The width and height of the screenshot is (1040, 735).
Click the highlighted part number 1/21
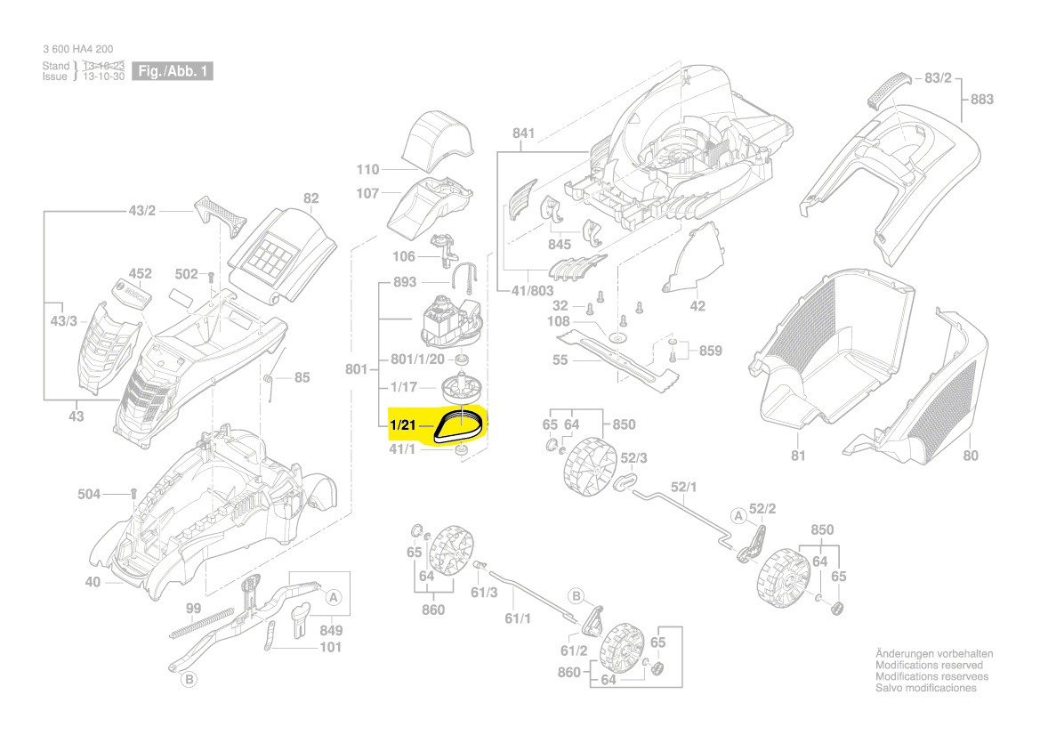tap(403, 425)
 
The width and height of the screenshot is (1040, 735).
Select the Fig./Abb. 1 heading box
tap(173, 71)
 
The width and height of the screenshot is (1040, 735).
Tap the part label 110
tap(367, 170)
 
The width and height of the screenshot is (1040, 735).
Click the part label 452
tap(140, 273)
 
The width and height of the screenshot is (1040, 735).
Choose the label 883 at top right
tap(981, 100)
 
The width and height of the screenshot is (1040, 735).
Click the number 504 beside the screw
tap(89, 494)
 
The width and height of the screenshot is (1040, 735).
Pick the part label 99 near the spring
tap(193, 609)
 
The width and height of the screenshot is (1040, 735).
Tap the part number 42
tap(697, 306)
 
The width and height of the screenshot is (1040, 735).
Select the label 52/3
tap(633, 458)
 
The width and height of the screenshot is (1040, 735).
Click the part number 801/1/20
tap(418, 359)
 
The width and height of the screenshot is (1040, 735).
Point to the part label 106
tap(404, 257)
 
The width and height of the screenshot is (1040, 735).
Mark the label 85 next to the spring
tap(302, 377)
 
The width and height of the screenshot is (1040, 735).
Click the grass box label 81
tap(798, 456)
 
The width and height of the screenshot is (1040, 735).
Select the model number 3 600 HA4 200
tap(78, 49)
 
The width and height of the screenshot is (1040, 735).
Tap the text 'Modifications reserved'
tap(929, 666)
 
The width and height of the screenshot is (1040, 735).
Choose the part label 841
tap(523, 133)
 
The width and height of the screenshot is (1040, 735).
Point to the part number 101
tap(330, 648)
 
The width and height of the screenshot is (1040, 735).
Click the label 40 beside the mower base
tap(93, 583)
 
